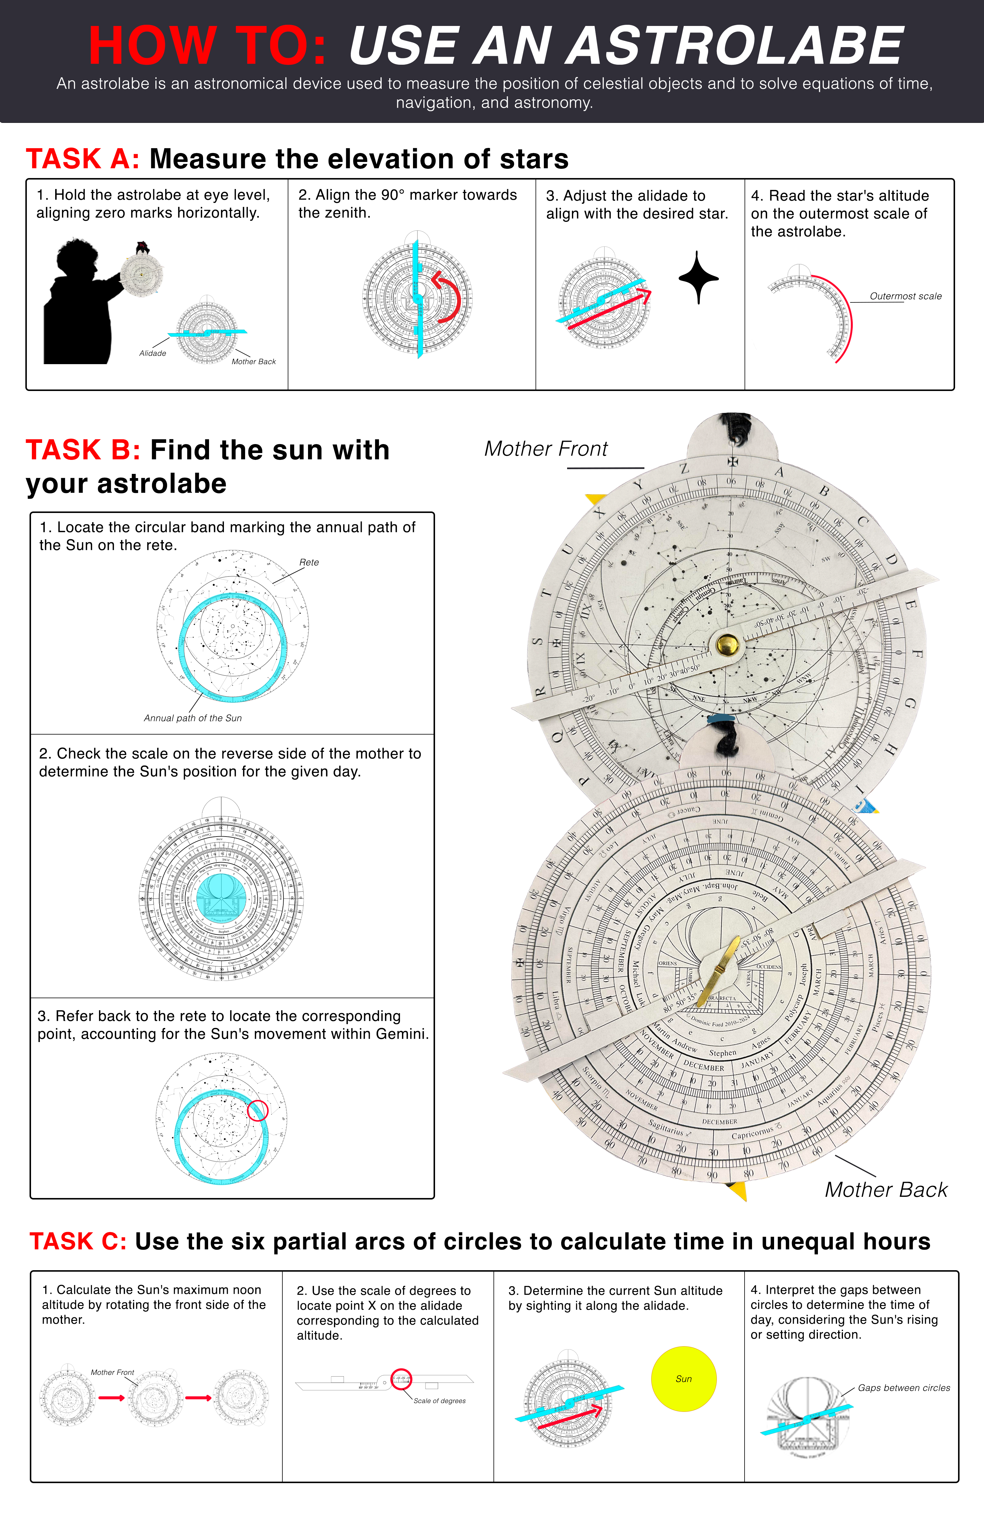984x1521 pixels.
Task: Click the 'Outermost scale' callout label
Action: (x=905, y=296)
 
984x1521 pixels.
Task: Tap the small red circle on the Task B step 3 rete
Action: (x=258, y=1110)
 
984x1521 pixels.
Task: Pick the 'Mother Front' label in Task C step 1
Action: (x=112, y=1372)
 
